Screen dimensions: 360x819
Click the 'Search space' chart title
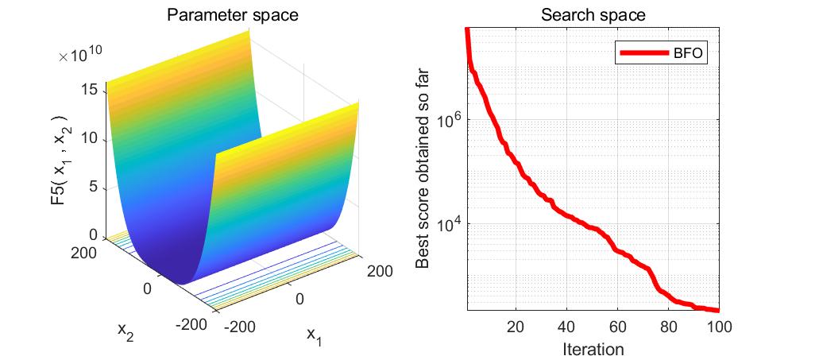[x=593, y=15]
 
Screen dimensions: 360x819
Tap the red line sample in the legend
[x=643, y=53]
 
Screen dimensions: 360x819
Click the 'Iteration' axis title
[x=593, y=348]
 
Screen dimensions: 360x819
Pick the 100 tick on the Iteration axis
[x=719, y=327]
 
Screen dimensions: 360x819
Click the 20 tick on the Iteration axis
[x=516, y=327]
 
